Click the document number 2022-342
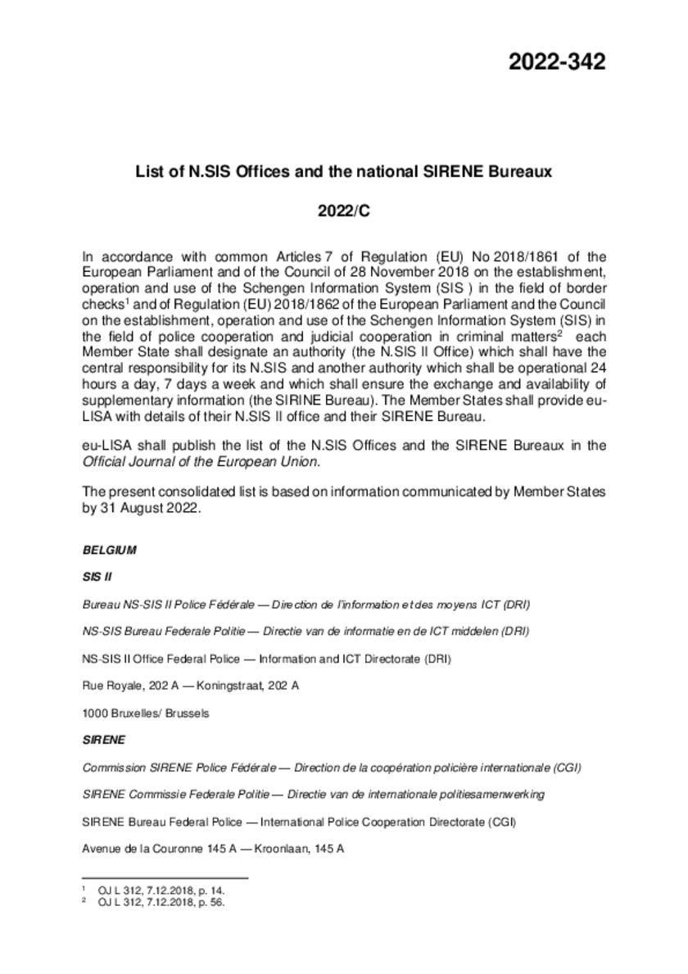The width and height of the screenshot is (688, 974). [x=557, y=61]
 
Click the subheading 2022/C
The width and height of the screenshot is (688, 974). [x=344, y=211]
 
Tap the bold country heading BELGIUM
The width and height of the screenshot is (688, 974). [x=110, y=550]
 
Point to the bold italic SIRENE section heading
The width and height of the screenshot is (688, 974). [x=104, y=740]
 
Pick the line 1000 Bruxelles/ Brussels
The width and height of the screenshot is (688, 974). [x=146, y=713]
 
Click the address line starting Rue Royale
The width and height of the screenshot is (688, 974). [x=190, y=686]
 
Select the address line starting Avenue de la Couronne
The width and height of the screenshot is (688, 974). [x=212, y=849]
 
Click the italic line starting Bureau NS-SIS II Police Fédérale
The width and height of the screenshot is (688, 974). [x=306, y=605]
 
